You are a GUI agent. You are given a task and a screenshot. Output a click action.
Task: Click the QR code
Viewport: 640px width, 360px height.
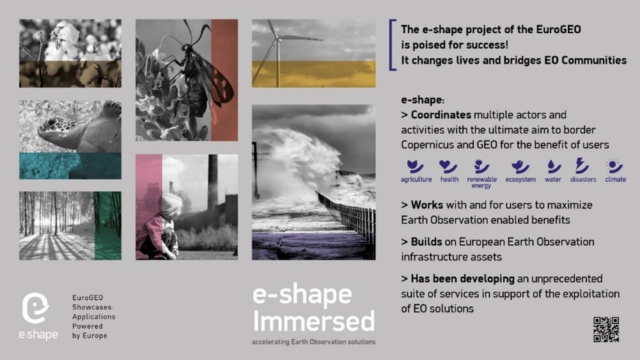coord(606,329)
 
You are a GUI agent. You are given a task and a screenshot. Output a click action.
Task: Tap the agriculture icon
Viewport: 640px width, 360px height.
coord(415,166)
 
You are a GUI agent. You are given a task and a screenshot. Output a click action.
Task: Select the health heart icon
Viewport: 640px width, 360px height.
coord(448,166)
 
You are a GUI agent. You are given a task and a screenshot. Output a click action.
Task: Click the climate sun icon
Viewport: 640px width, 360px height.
coord(614,166)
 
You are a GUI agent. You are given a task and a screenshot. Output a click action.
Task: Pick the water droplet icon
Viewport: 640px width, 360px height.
coord(554,166)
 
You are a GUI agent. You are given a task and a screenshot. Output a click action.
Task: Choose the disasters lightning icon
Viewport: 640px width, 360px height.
coord(582,166)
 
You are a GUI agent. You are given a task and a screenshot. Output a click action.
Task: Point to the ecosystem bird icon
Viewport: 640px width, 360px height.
coord(520,166)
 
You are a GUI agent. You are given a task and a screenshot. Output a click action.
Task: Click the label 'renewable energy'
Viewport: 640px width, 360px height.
coord(481,182)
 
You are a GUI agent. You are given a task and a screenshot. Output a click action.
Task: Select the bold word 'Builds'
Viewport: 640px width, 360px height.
coord(426,242)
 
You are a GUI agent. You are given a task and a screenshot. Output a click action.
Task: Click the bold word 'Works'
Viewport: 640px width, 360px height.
coord(427,205)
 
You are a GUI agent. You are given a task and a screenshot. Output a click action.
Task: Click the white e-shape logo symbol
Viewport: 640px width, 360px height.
coord(36,308)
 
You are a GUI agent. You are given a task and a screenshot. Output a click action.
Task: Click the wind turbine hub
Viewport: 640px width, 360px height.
coord(278,39)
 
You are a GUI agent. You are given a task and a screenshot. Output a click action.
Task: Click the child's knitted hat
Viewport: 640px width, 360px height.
coord(171,203)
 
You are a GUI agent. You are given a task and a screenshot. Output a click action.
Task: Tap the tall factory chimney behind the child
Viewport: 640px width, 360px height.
coord(212,184)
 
